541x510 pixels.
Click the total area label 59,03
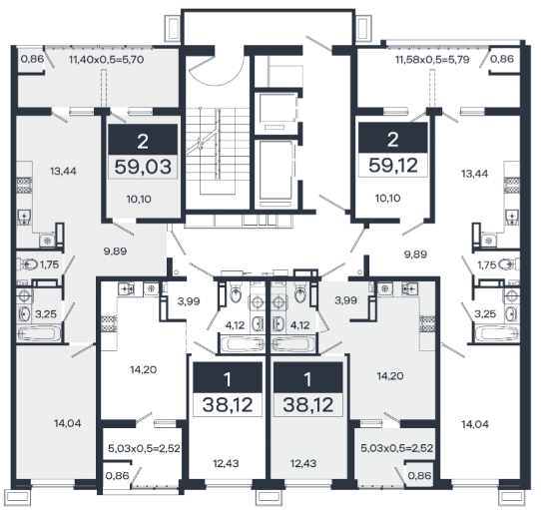point(143,167)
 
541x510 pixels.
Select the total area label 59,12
point(393,166)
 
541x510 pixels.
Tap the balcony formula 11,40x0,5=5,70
point(106,60)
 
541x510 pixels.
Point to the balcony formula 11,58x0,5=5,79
point(432,60)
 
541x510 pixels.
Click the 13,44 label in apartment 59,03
point(63,171)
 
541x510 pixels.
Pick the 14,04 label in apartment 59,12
point(475,424)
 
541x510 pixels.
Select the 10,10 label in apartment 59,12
point(388,198)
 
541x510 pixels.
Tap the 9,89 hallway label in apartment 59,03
point(115,252)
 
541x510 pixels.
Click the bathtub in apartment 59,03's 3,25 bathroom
point(39,333)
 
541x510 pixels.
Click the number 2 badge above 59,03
point(143,140)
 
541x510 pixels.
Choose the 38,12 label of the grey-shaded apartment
point(308,405)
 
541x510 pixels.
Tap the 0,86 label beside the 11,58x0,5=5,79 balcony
point(502,59)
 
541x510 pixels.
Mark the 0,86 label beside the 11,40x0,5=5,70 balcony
point(32,59)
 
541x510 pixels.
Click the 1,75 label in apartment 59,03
point(49,265)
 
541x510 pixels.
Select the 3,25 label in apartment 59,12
point(485,314)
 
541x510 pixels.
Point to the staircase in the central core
point(218,151)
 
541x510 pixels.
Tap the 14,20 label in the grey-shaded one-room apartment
point(390,376)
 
